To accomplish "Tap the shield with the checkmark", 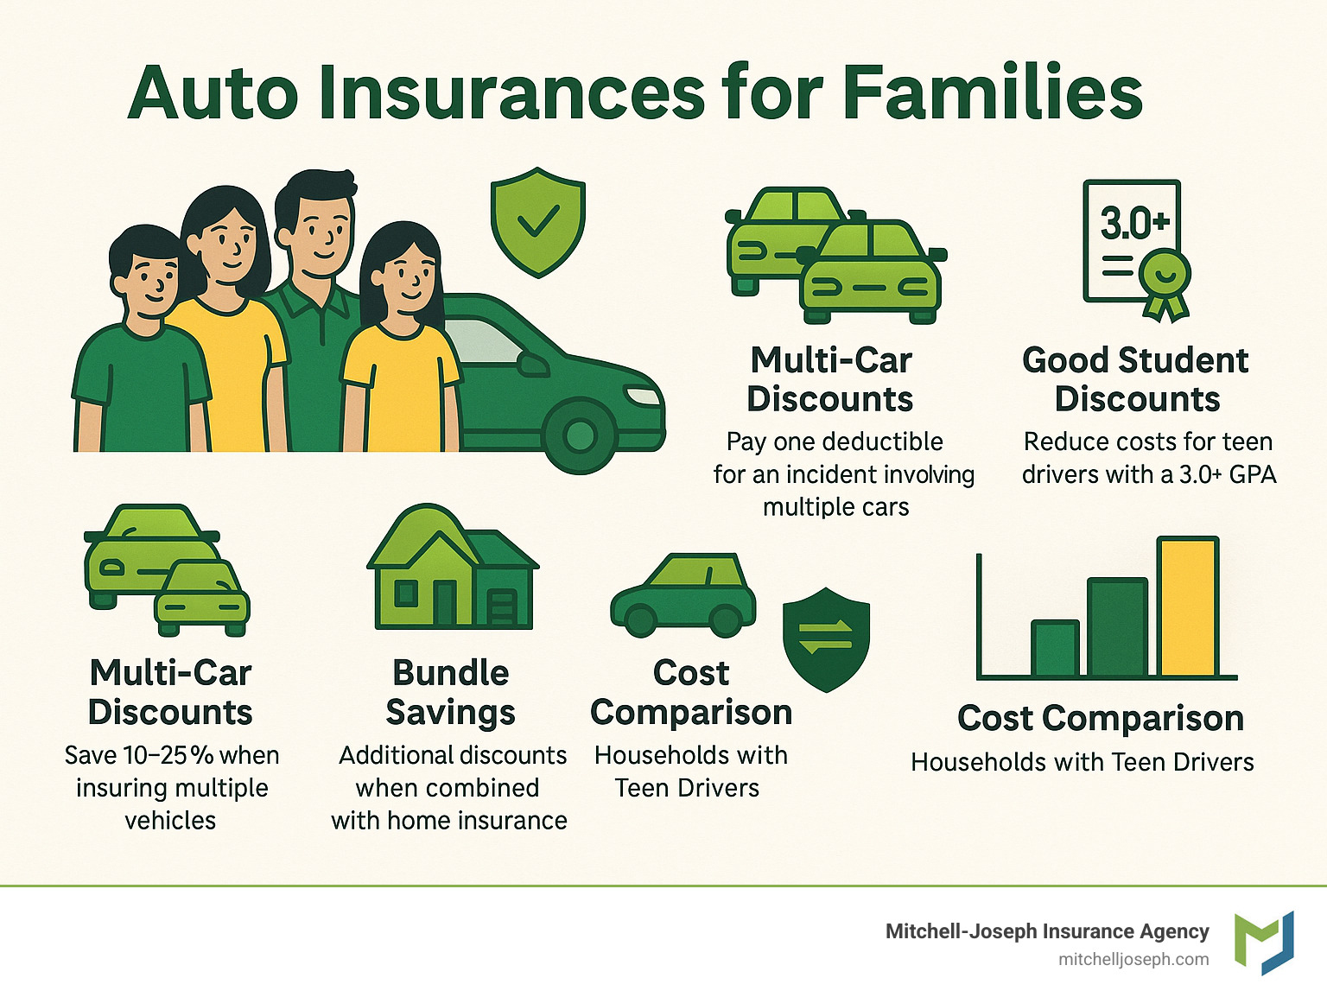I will pos(537,222).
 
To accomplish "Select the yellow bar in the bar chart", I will pos(1188,606).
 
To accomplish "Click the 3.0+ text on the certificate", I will pos(1133,223).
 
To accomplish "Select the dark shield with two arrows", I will pos(825,639).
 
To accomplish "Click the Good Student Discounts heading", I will pos(1135,379).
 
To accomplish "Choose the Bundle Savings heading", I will pos(450,692).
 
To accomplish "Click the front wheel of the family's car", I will pos(580,435).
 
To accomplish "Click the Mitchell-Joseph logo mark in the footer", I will pos(1264,942).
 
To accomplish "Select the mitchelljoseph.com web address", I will pos(1133,959).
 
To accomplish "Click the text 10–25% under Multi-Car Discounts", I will pos(168,755).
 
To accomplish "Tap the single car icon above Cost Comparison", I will pos(683,595).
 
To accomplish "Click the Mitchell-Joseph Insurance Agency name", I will pos(1046,930).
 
